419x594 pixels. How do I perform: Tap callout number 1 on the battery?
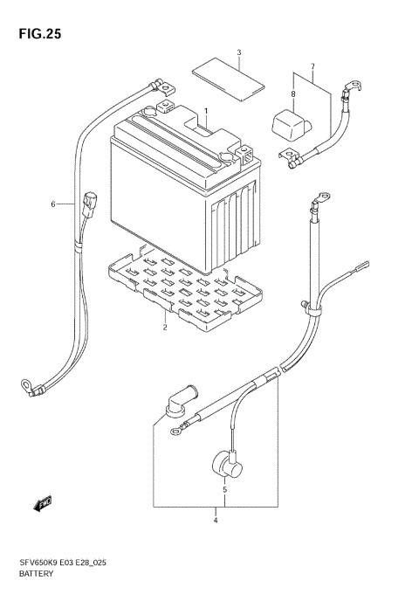(207, 112)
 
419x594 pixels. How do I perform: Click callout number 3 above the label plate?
(216, 521)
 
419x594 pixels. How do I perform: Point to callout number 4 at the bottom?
(224, 490)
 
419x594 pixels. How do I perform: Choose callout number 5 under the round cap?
(52, 204)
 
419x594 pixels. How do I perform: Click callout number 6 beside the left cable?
(312, 66)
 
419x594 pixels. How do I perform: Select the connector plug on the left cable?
(90, 203)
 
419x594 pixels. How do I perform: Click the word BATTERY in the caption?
(35, 574)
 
